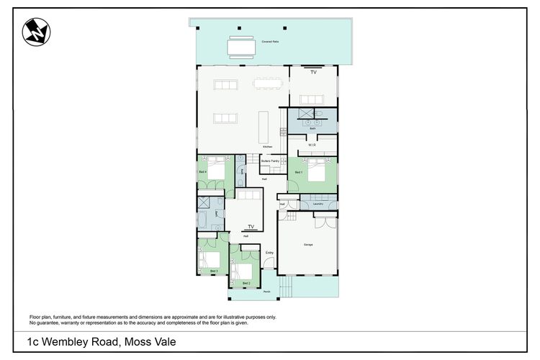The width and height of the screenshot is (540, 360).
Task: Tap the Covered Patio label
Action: pos(291,42)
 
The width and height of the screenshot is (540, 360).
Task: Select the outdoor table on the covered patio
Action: pos(241,47)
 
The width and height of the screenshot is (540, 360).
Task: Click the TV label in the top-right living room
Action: pos(313,73)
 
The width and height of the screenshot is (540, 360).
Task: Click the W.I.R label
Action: pos(312,144)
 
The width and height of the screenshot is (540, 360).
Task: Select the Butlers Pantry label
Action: pos(270,163)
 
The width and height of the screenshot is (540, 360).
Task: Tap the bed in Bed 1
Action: pos(318,173)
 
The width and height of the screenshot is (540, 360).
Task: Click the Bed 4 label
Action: pos(203,172)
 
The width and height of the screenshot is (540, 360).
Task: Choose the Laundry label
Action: pos(318,204)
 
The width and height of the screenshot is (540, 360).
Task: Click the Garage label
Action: pos(308,245)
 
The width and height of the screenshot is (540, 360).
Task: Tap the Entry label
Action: pos(269,253)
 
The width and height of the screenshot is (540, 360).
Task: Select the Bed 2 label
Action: pos(246,284)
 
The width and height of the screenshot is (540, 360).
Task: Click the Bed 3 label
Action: pos(214,271)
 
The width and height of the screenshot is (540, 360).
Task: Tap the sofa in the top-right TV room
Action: pos(312,99)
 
